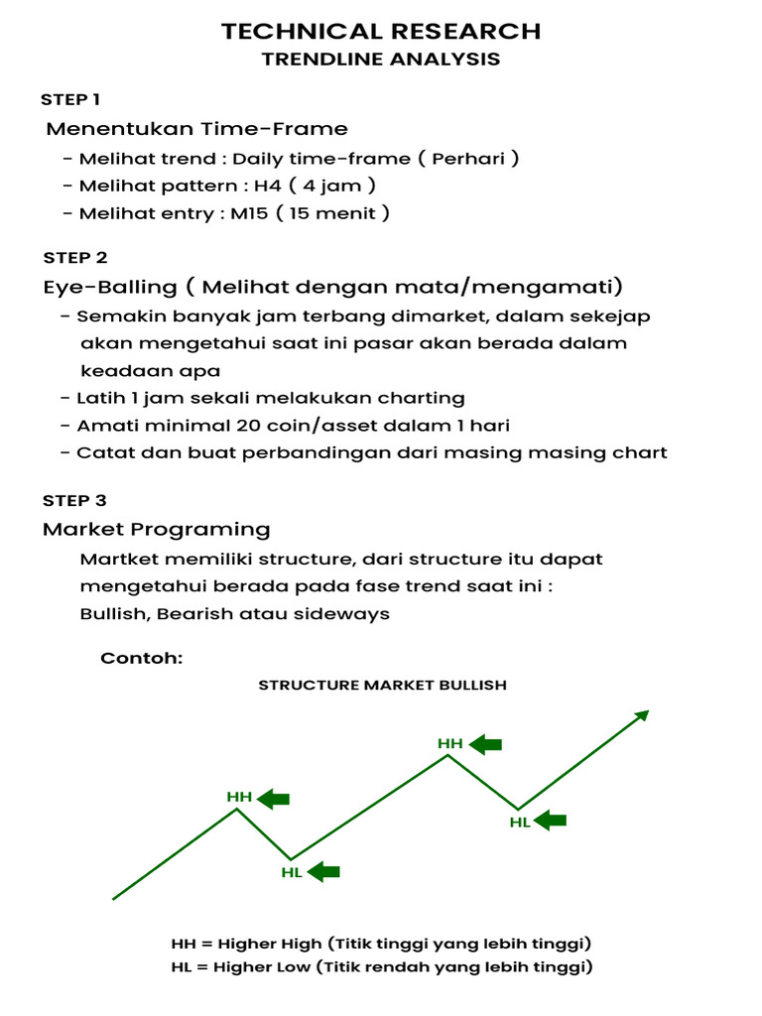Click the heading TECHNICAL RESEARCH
pyautogui.click(x=381, y=31)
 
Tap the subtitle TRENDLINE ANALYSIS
pyautogui.click(x=381, y=60)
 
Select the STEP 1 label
pyautogui.click(x=70, y=99)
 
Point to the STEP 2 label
pyautogui.click(x=74, y=258)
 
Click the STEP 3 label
pyautogui.click(x=74, y=500)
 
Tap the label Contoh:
pyautogui.click(x=142, y=659)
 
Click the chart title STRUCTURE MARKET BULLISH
pyautogui.click(x=382, y=685)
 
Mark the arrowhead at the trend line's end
pyautogui.click(x=642, y=715)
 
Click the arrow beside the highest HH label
pyautogui.click(x=485, y=743)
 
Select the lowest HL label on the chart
pyautogui.click(x=292, y=872)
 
